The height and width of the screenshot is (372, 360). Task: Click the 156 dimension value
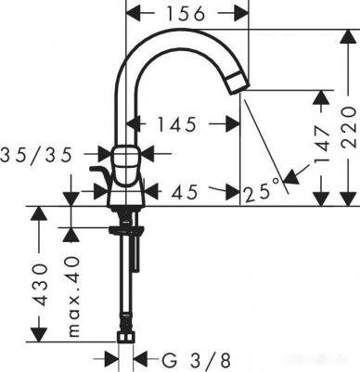point(186,14)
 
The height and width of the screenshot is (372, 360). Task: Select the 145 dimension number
point(177,124)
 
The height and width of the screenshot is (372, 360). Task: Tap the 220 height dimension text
point(349,127)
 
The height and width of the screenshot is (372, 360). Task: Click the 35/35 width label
point(36,154)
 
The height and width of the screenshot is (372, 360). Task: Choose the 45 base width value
point(185,192)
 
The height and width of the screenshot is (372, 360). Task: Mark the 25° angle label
point(263,192)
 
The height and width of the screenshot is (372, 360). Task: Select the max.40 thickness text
point(73,296)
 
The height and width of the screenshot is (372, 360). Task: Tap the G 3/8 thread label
point(197,360)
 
